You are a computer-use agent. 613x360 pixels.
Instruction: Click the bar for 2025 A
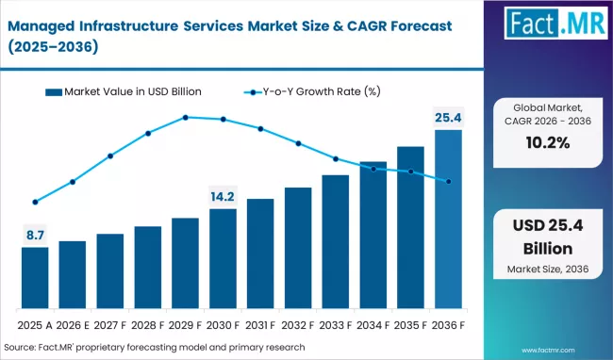[35, 278]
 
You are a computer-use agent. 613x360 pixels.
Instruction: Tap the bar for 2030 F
[223, 259]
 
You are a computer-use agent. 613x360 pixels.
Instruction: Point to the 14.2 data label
[223, 197]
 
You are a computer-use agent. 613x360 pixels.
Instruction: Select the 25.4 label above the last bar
[448, 118]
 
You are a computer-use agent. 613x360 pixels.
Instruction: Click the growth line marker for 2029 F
[186, 117]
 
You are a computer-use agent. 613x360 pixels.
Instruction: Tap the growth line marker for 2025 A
[35, 202]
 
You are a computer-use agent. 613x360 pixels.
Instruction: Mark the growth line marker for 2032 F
[298, 143]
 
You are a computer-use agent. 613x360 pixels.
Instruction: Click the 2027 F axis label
[109, 326]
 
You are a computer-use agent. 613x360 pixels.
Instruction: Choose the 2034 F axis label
[373, 326]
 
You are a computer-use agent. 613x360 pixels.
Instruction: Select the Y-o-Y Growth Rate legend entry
[312, 91]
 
